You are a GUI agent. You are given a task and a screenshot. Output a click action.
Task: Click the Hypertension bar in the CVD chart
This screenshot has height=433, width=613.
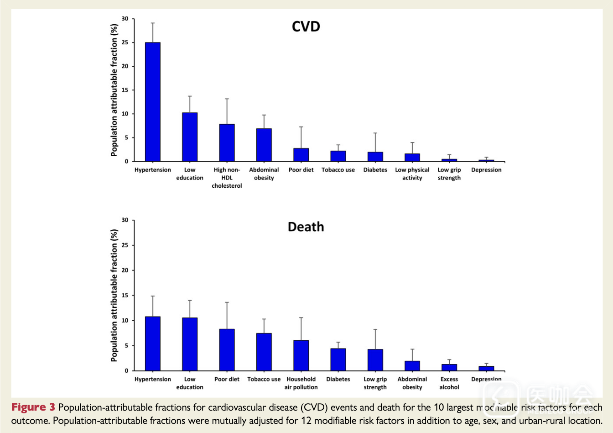[x=153, y=101]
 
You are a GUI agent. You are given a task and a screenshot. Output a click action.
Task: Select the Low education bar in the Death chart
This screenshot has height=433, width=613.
[x=190, y=344]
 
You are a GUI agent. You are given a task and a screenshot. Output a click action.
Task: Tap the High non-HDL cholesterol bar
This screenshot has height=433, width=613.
[x=227, y=143]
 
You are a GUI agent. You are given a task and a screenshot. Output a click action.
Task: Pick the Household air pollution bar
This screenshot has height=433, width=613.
[x=301, y=355]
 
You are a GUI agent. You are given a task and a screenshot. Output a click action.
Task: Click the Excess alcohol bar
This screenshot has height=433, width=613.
[x=449, y=367]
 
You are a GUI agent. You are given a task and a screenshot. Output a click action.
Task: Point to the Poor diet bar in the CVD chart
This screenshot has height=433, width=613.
[x=301, y=154]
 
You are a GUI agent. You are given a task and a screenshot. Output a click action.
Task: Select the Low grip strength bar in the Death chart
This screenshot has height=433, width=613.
[x=375, y=360]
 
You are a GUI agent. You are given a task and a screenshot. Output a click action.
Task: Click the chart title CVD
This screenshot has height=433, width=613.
[x=306, y=26]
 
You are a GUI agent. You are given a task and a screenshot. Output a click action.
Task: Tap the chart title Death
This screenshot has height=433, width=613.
[x=306, y=227]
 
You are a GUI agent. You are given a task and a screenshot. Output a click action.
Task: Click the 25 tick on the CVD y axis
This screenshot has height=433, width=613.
[x=125, y=42]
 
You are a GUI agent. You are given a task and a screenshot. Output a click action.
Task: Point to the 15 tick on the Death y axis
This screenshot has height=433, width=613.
[x=125, y=296]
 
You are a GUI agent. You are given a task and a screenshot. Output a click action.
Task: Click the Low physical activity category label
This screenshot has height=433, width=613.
[x=412, y=174]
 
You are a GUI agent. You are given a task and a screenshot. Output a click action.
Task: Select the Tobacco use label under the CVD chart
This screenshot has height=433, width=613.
[x=338, y=170]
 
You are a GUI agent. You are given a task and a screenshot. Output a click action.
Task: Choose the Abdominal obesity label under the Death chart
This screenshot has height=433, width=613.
[x=412, y=383]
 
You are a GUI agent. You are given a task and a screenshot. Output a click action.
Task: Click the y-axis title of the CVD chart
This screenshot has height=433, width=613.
[x=114, y=90]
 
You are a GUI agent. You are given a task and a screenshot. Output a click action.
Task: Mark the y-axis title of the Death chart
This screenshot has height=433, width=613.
[x=114, y=296]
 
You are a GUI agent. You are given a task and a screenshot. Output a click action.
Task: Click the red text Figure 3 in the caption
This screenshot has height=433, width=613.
[x=33, y=407]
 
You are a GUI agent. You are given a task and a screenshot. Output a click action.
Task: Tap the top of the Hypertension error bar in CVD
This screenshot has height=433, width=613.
[x=153, y=23]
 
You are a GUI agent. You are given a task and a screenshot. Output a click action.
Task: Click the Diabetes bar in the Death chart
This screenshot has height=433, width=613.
[x=338, y=359]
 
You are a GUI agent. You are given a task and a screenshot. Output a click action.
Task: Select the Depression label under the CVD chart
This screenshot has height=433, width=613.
[x=486, y=170]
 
